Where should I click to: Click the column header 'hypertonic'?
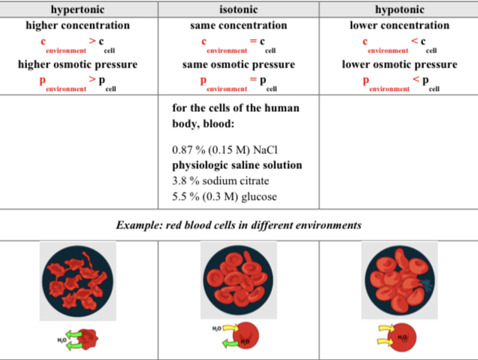click(78, 9)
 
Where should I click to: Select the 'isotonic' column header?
click(238, 9)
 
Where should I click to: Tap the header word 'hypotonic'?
click(398, 9)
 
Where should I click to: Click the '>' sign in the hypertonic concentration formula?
click(92, 40)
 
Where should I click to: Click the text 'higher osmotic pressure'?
click(78, 65)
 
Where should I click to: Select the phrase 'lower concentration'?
click(399, 26)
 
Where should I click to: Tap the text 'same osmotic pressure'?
click(238, 65)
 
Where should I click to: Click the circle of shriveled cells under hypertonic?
click(79, 281)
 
